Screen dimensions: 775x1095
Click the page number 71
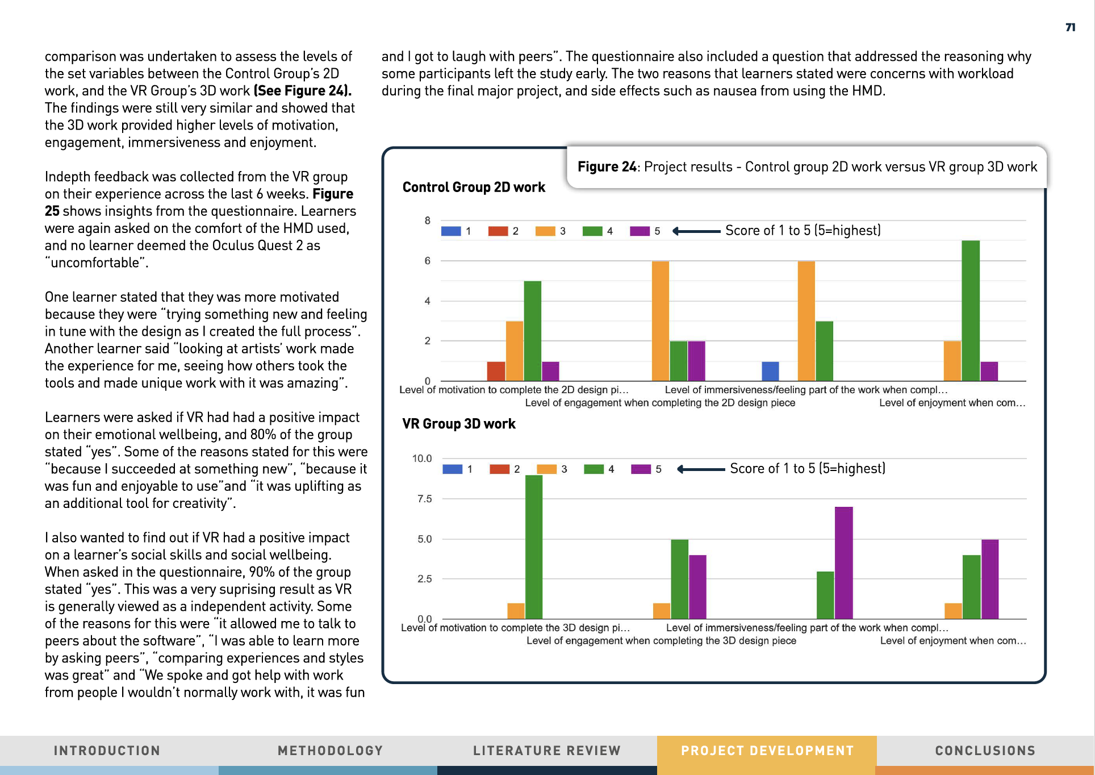[1070, 27]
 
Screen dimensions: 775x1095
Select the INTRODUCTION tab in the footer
[107, 751]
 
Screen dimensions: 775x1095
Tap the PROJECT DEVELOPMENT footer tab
[767, 751]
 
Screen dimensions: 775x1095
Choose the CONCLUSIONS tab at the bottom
[985, 751]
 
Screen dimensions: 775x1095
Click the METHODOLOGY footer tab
[330, 751]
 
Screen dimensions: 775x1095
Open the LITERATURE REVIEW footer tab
[547, 751]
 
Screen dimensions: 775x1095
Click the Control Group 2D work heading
[474, 187]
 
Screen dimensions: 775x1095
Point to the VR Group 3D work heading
[459, 424]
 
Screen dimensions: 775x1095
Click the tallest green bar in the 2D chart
[971, 310]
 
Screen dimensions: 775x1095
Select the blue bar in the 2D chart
[770, 371]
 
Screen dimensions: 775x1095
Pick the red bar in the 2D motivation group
[496, 371]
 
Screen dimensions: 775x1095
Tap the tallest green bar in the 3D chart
[534, 547]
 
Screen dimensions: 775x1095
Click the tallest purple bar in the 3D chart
[843, 562]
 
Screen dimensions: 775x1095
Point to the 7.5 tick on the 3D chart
[424, 499]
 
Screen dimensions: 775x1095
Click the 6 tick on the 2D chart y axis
[428, 261]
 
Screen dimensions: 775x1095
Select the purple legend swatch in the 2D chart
[640, 231]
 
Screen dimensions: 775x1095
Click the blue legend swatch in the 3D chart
[452, 469]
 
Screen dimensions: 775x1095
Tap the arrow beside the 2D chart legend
[696, 231]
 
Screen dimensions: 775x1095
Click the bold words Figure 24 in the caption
[607, 166]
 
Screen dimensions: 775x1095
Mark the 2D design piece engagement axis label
[660, 403]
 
